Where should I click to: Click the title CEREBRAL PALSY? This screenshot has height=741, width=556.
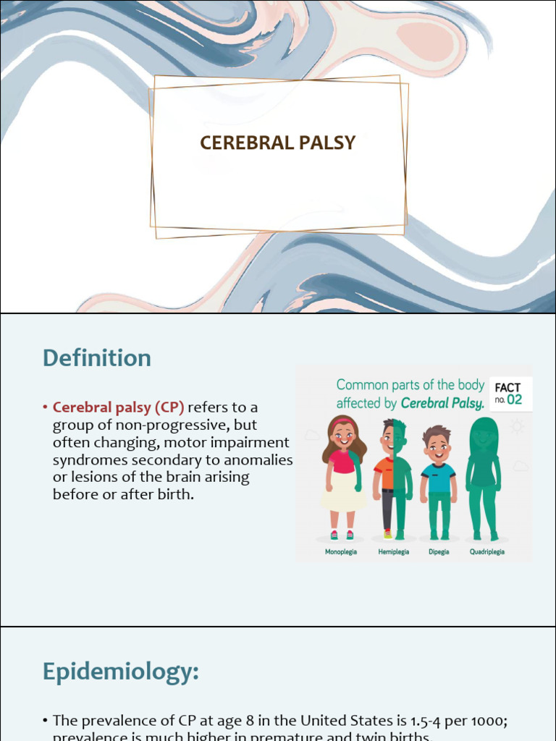278,143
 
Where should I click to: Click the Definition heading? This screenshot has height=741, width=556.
96,358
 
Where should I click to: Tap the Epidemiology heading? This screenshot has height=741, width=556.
120,672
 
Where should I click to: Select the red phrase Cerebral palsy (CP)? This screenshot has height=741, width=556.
119,407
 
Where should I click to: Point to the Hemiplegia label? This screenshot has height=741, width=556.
393,551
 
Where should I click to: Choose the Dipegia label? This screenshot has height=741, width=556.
438,551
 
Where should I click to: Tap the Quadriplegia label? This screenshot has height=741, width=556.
486,551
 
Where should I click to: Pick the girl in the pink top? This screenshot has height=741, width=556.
343,474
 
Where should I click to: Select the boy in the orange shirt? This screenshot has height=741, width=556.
392,478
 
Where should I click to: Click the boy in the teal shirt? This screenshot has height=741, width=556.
438,481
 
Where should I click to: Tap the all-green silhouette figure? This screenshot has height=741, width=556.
484,478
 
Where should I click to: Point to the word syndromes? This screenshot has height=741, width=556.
87,460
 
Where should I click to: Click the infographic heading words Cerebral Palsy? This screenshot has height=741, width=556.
442,403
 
